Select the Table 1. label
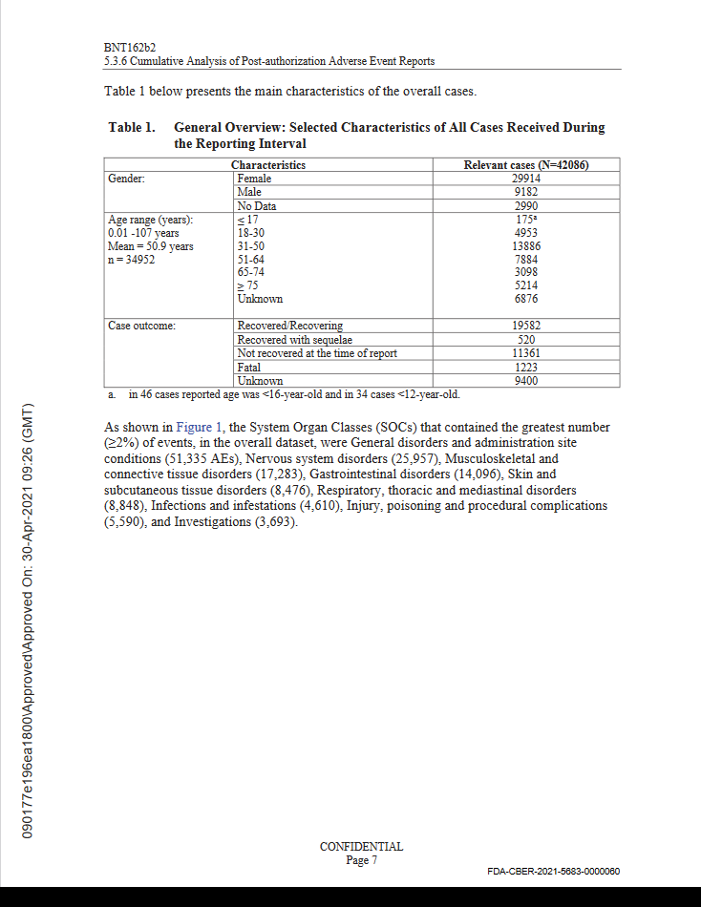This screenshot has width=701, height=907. pos(131,128)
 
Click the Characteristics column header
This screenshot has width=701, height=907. pos(268,165)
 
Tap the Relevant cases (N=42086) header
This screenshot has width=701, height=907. pos(525,165)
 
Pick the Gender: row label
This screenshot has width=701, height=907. pos(127,179)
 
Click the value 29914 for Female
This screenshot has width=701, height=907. pos(525,179)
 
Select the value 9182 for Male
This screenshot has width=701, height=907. pos(525,192)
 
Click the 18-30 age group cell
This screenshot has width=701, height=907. pos(252,233)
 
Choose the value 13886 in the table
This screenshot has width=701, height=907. pos(525,246)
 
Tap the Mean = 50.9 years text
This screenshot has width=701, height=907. pos(151,246)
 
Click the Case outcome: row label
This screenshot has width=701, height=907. pos(141,326)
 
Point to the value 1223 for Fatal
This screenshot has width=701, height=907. pos(525,367)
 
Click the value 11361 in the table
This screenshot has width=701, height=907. pos(525,353)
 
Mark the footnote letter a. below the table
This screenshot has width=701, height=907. pos(112,393)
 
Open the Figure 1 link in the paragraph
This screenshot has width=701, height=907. pos(197,428)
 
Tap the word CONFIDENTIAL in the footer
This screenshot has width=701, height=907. pos(361,847)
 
